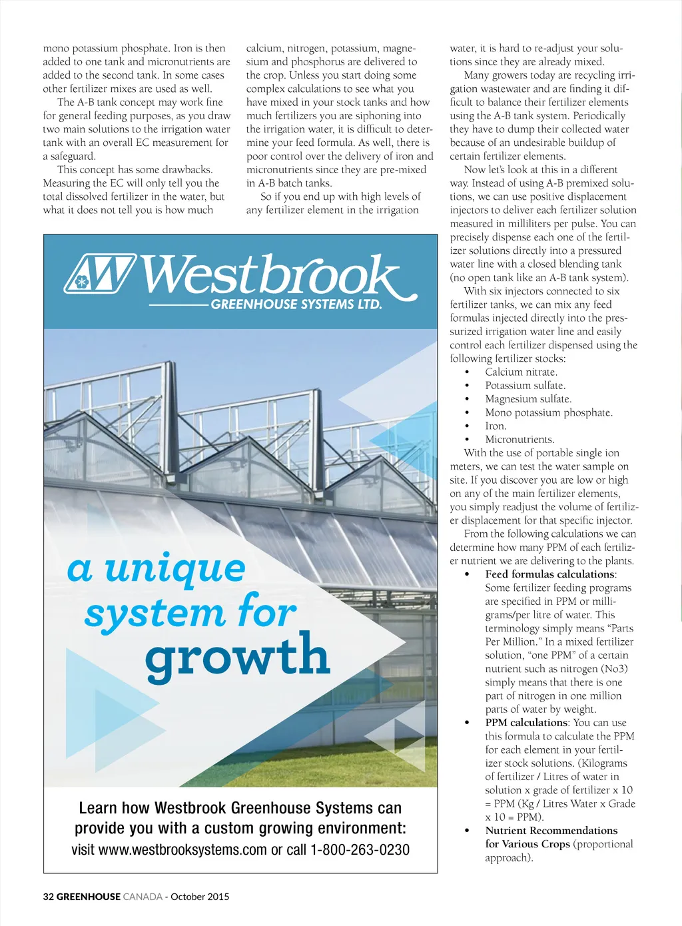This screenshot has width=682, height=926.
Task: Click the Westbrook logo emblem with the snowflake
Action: tap(100, 273)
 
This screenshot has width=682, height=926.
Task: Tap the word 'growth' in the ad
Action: tap(238, 656)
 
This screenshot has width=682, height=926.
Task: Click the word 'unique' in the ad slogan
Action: tap(175, 569)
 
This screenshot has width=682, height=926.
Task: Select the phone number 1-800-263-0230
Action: tap(360, 849)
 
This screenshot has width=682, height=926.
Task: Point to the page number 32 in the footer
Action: tap(49, 897)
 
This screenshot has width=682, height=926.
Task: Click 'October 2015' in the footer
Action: tap(200, 897)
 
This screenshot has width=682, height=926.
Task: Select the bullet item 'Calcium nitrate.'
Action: tap(521, 372)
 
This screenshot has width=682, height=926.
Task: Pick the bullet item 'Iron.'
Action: tap(496, 426)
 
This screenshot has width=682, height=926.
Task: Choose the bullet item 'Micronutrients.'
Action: tap(519, 439)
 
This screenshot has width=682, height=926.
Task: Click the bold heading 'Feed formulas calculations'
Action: tap(549, 574)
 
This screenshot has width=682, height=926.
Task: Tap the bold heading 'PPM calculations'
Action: tap(526, 722)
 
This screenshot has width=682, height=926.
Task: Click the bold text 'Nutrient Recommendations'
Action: tap(551, 830)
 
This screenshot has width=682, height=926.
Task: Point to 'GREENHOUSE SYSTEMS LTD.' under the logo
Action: tap(296, 304)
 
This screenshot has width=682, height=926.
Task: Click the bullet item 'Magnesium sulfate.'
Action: tap(528, 399)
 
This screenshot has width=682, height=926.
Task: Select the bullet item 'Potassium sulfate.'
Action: tap(525, 385)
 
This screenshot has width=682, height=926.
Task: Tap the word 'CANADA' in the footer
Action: tap(143, 897)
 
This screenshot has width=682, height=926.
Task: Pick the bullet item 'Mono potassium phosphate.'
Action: tap(549, 412)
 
